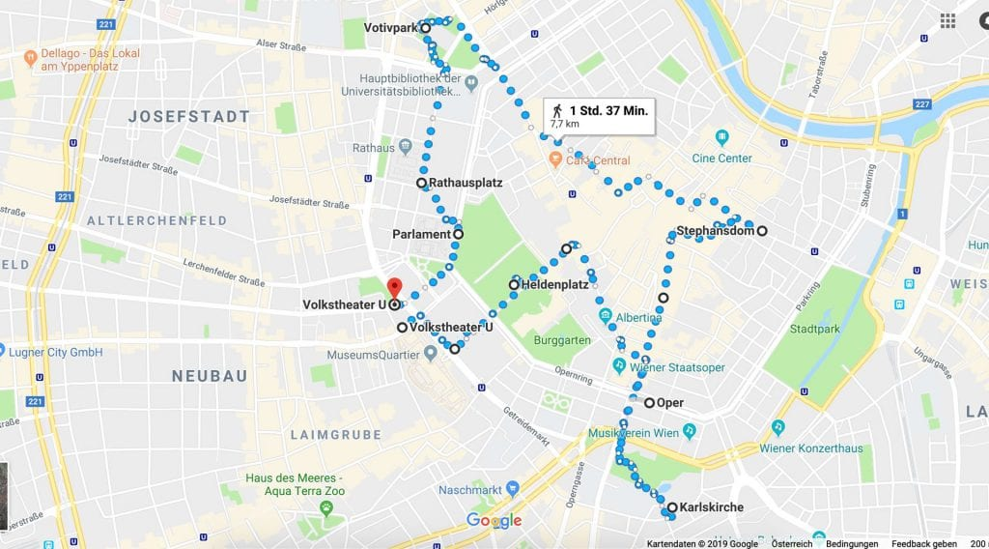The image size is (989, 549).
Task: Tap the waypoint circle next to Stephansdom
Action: point(762,231)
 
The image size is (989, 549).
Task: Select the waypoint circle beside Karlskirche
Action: point(671,507)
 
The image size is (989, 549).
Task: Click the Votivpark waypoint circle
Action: point(425,28)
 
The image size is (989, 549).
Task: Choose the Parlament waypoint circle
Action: point(458,234)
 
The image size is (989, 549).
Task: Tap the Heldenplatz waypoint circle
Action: point(514,285)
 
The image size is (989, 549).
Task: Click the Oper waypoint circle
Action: point(650,403)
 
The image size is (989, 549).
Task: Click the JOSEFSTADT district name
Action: point(188,116)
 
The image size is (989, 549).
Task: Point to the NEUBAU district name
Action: point(210,376)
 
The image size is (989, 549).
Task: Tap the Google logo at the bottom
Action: point(494,521)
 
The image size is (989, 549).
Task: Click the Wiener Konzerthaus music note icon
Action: point(777,426)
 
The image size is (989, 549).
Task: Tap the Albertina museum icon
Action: point(605,317)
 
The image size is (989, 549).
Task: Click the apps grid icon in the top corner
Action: point(947,20)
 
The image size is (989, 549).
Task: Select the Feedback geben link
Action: point(923,543)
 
